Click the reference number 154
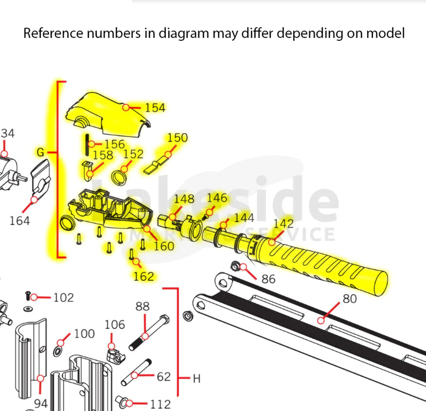[x=155, y=108]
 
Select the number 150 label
[x=177, y=138]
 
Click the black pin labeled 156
[x=87, y=144]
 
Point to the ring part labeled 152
[x=119, y=176]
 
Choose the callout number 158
[x=103, y=155]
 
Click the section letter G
[x=40, y=152]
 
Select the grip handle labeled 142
[x=325, y=265]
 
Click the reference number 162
[x=143, y=276]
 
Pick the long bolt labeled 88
[x=148, y=333]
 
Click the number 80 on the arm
[x=349, y=299]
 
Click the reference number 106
[x=114, y=325]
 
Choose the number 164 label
[x=20, y=221]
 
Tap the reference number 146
[x=216, y=198]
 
